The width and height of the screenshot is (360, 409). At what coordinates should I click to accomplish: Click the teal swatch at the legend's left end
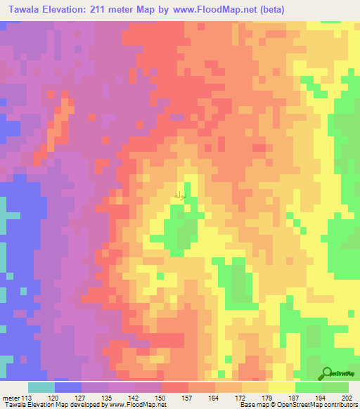(x=41, y=387)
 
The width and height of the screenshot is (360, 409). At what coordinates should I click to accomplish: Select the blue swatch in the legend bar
(x=67, y=387)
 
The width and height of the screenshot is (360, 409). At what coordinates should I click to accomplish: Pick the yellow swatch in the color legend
(x=281, y=387)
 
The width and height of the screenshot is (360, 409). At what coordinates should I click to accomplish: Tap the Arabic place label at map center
(x=180, y=195)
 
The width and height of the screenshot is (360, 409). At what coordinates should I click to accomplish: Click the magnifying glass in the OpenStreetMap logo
(x=327, y=373)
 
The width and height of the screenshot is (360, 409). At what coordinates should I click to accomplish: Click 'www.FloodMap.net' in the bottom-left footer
(x=136, y=405)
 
